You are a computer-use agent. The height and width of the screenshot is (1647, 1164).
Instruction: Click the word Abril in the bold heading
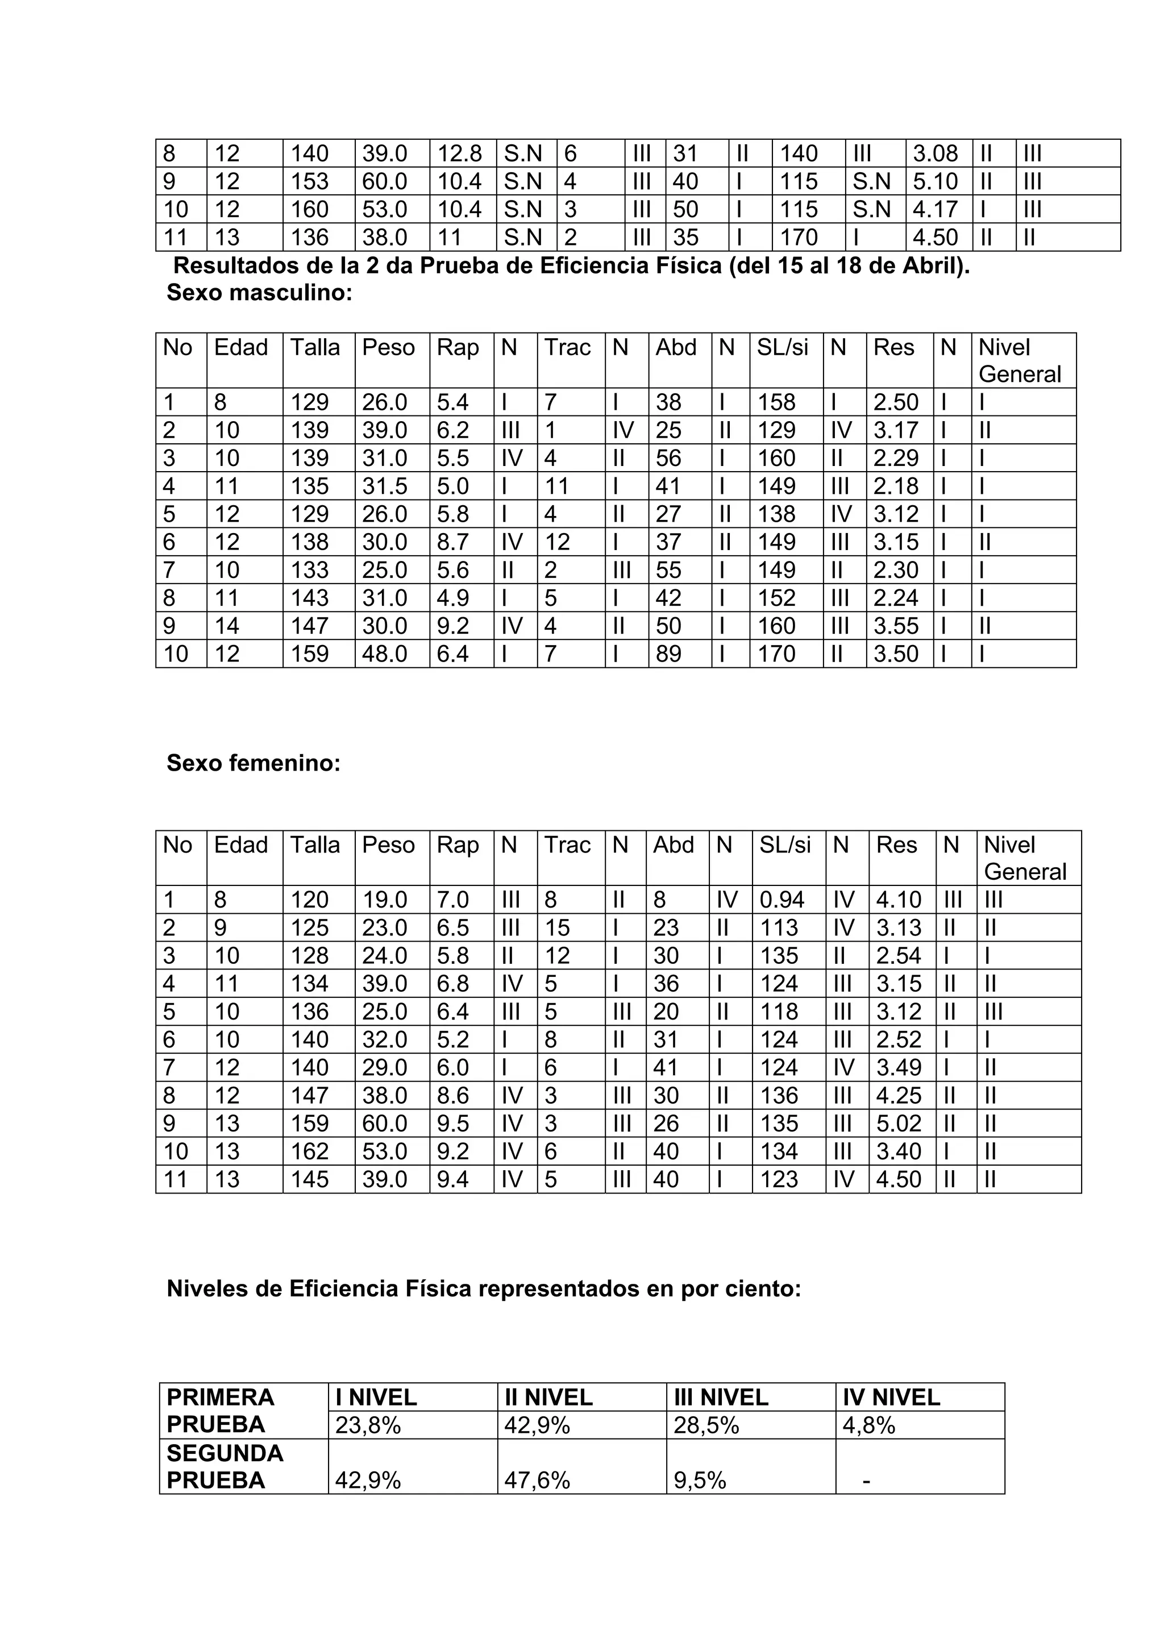tap(935, 266)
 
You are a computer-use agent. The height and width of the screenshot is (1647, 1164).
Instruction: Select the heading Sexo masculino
tap(260, 293)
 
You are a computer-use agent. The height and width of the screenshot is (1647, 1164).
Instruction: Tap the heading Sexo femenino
tap(253, 763)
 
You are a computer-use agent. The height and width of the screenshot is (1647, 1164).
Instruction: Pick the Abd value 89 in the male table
tap(668, 654)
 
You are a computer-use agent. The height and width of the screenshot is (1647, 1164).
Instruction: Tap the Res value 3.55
tap(896, 626)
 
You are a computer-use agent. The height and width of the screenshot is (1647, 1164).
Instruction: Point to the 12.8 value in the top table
tap(460, 153)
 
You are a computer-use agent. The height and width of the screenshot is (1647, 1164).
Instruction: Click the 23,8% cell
tap(368, 1425)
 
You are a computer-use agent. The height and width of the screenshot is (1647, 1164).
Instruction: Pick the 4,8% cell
tap(869, 1425)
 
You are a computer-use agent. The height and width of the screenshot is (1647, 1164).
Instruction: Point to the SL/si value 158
tap(778, 402)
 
